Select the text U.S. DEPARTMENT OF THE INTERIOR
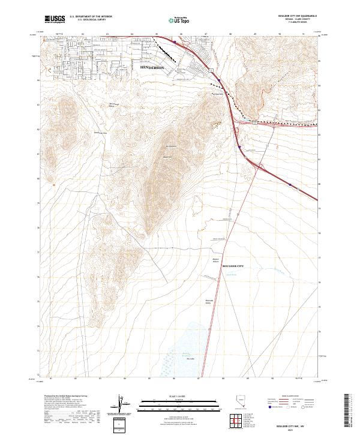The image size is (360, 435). click(91, 17)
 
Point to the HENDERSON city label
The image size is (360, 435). click(151, 68)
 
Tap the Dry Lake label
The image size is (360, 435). click(191, 359)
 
